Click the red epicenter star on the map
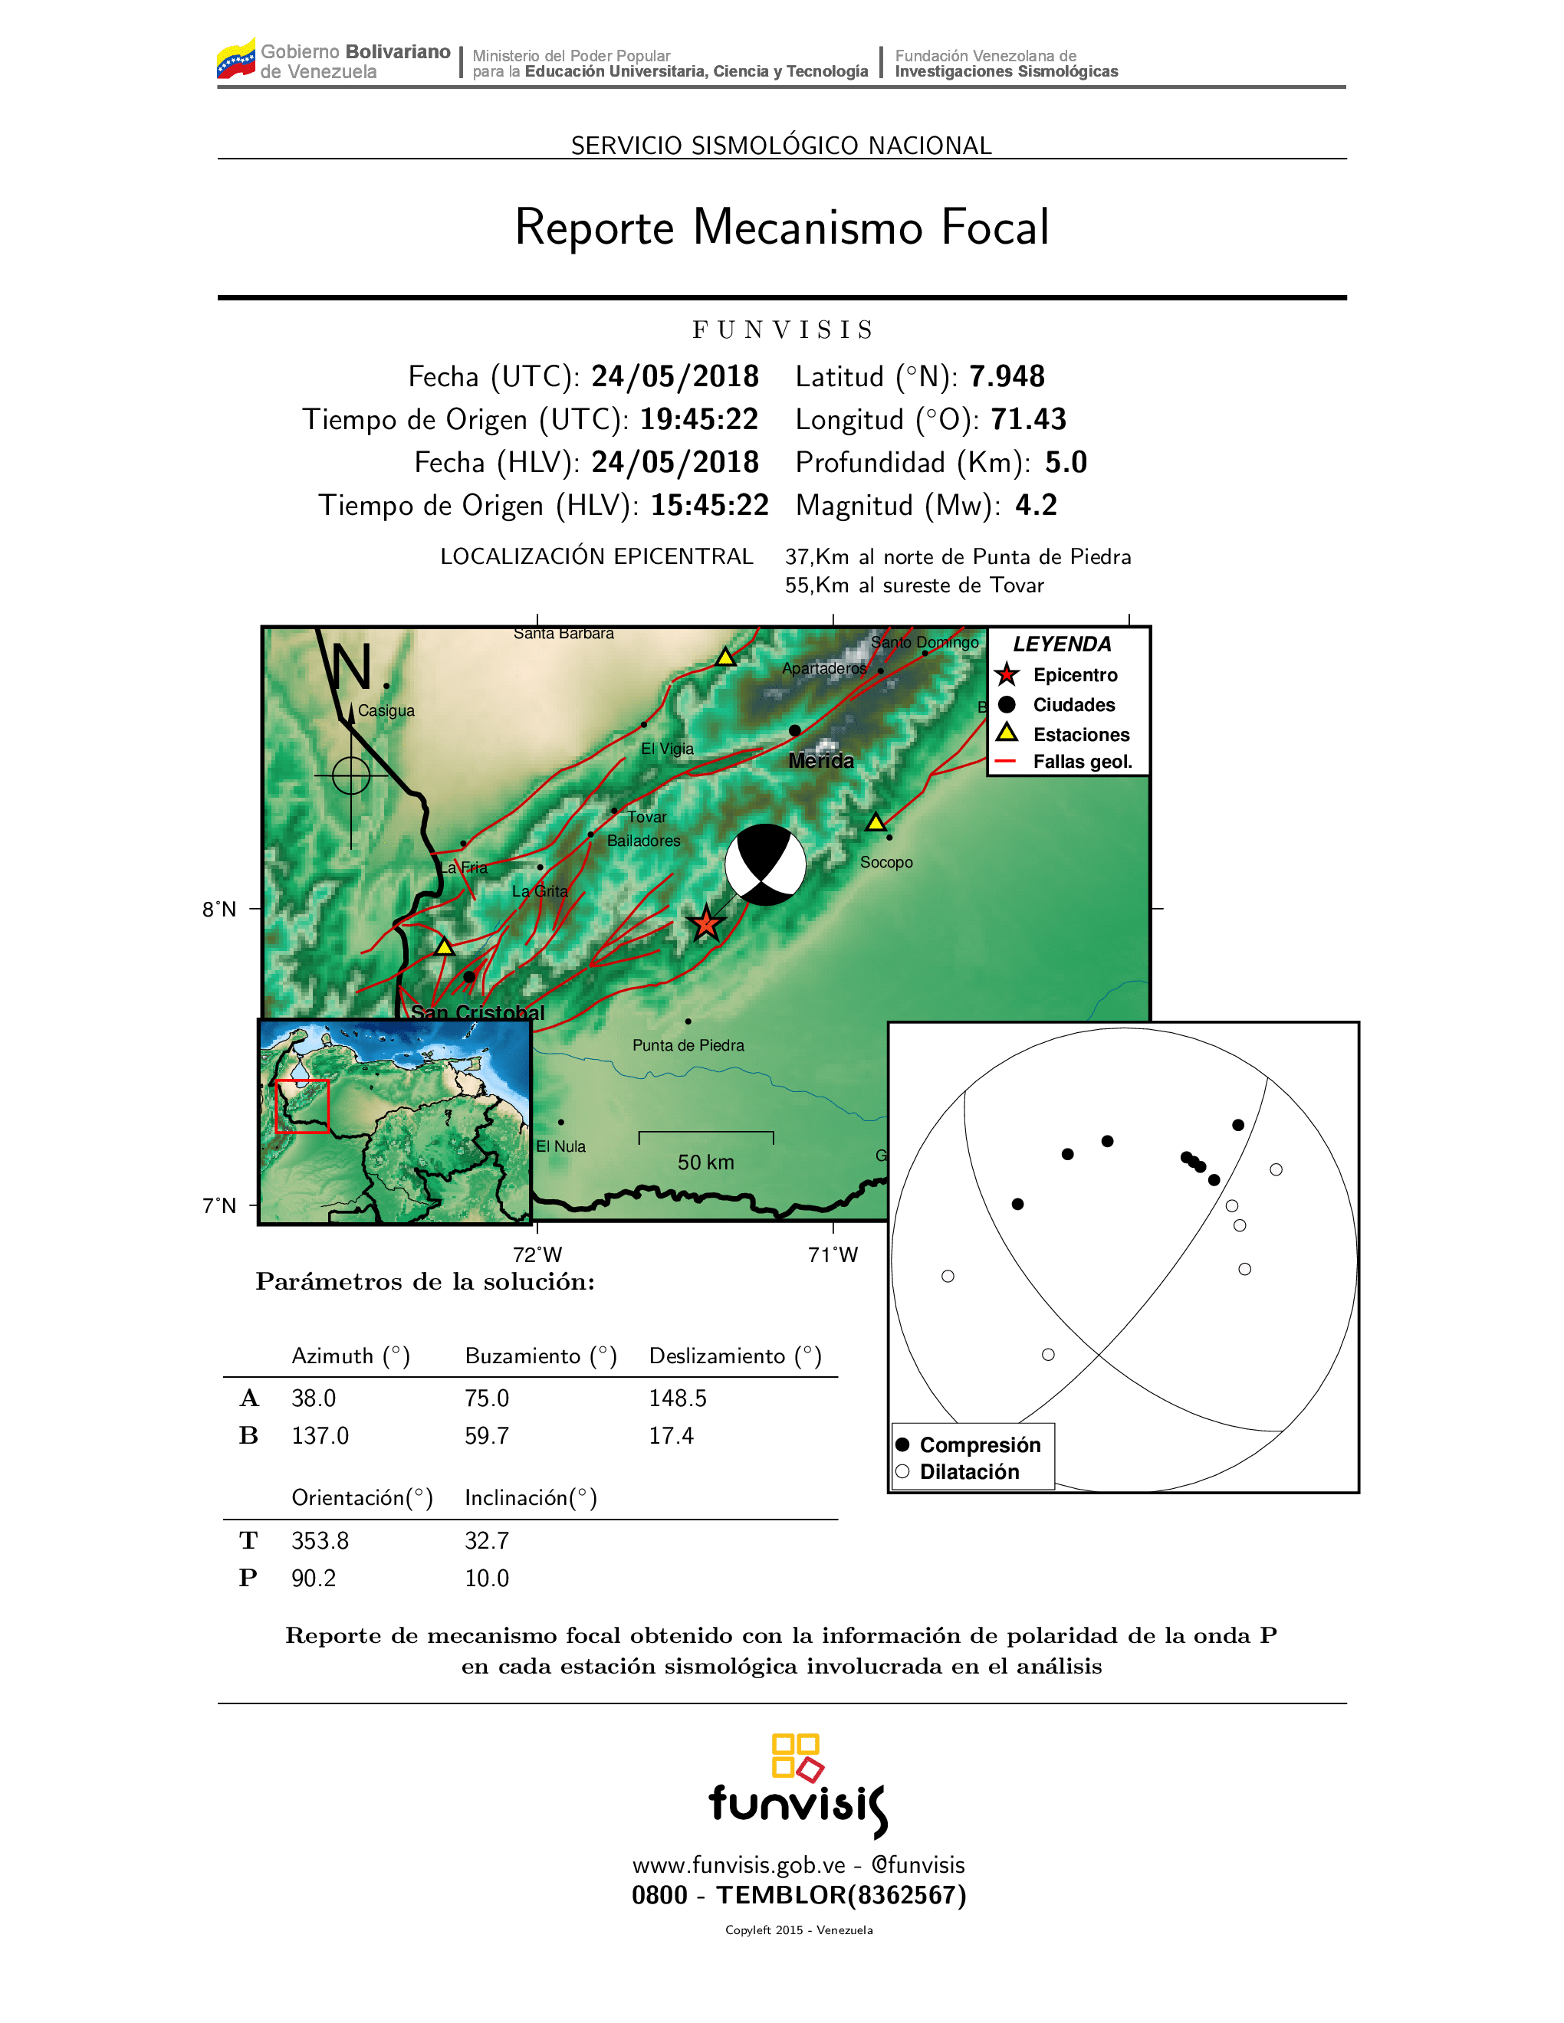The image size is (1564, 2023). click(706, 923)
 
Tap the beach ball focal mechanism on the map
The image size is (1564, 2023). click(765, 864)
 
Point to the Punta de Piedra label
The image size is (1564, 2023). click(688, 1045)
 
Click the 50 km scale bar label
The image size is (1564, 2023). click(705, 1162)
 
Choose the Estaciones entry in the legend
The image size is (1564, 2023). click(1081, 735)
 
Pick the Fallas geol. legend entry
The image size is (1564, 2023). click(1083, 762)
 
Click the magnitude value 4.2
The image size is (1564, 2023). click(1036, 505)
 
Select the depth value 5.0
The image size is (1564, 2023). click(1066, 462)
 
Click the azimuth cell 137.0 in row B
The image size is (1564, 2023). click(320, 1436)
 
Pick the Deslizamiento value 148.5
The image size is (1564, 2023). click(677, 1398)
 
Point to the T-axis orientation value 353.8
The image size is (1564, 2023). click(320, 1540)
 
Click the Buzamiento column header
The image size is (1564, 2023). click(540, 1356)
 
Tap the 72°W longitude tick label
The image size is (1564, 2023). click(537, 1254)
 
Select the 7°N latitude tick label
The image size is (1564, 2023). click(219, 1205)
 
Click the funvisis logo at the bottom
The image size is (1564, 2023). click(798, 1787)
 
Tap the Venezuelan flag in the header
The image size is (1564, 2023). click(235, 59)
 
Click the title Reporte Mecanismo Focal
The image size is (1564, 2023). click(782, 227)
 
